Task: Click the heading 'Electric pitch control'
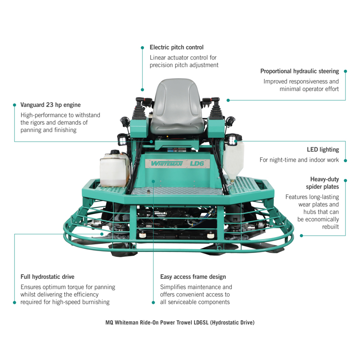[176, 48]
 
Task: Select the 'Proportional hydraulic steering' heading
[300, 71]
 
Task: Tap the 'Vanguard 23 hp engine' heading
[50, 105]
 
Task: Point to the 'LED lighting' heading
[323, 149]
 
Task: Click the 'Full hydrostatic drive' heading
[47, 277]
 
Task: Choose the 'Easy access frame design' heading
[193, 277]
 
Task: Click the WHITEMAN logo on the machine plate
[168, 163]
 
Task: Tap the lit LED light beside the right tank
[233, 140]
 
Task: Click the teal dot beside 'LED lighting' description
[346, 160]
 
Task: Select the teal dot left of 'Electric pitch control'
[142, 48]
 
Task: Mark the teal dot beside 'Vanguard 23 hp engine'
[14, 105]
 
